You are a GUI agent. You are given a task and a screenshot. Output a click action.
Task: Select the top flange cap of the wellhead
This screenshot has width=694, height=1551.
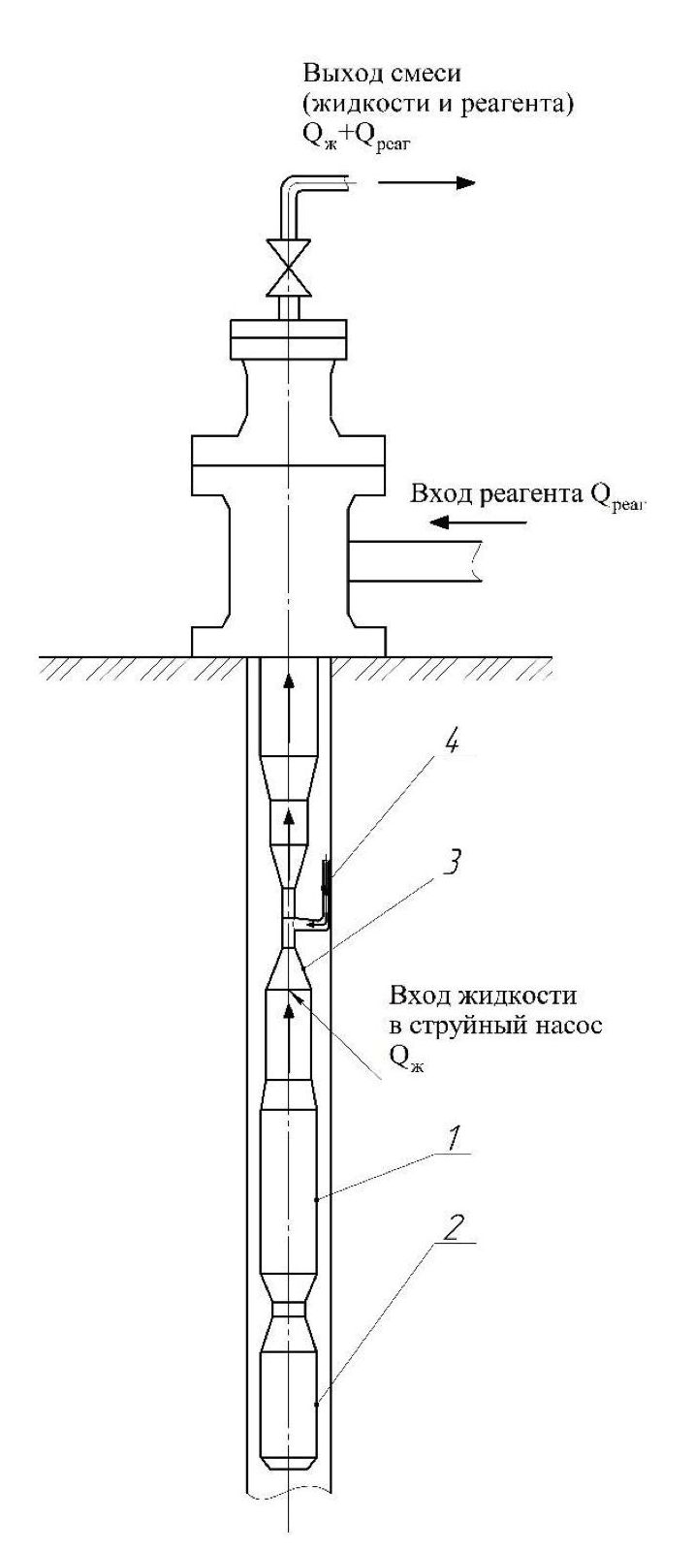click(288, 337)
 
